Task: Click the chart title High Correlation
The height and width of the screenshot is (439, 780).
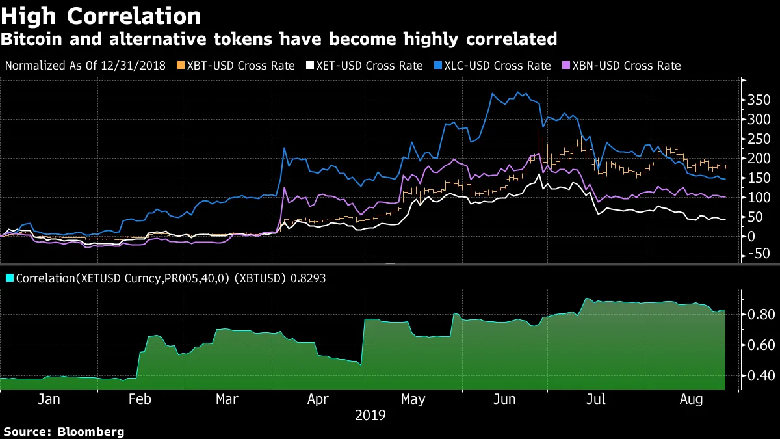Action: [x=101, y=16]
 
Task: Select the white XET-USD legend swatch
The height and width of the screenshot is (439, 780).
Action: [x=309, y=66]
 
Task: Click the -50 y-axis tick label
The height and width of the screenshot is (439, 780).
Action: [x=759, y=253]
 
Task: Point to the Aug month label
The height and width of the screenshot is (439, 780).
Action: [x=691, y=399]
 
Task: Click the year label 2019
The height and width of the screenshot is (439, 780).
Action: [x=370, y=415]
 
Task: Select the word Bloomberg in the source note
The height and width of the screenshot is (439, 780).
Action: [x=90, y=431]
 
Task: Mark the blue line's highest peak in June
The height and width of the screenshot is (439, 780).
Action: [x=517, y=92]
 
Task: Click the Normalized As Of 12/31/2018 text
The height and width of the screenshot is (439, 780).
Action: [x=85, y=66]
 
